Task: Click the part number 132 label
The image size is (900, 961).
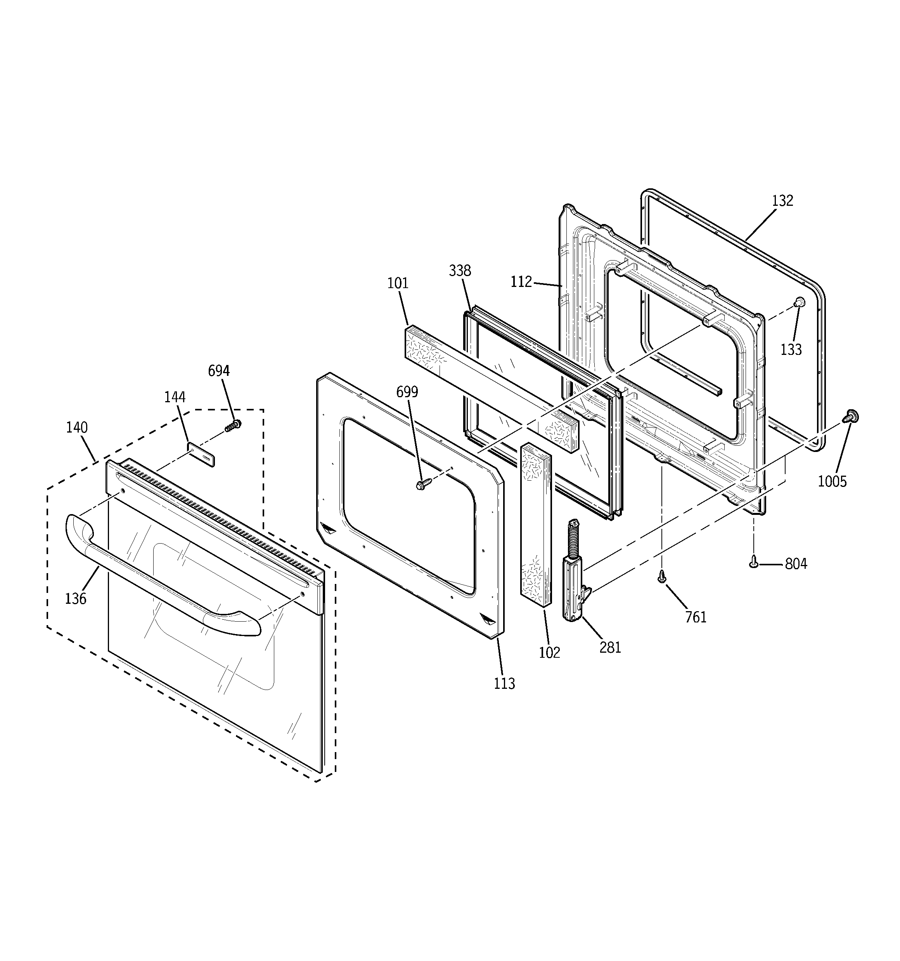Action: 782,201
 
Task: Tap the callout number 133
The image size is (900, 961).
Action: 791,349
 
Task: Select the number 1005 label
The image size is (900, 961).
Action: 832,481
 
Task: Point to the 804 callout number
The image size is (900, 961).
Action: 796,564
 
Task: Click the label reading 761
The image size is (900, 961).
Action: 696,617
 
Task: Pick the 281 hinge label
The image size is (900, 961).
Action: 610,648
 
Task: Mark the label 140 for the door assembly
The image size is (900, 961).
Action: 77,427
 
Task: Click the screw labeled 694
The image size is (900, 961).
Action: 233,426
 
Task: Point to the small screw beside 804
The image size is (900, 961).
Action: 753,562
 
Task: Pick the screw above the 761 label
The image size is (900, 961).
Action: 662,576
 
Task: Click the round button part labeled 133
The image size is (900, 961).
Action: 799,302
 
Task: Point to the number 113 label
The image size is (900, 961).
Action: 504,683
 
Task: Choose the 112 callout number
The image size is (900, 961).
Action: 521,282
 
